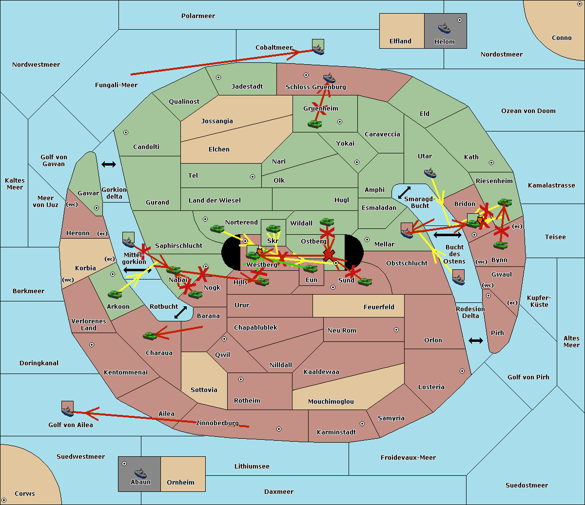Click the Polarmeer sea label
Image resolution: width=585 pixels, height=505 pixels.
(x=198, y=16)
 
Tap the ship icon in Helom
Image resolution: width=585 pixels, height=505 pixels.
(x=444, y=28)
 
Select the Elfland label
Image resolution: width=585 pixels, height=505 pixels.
(x=400, y=41)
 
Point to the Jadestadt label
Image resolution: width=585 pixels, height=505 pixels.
(x=247, y=87)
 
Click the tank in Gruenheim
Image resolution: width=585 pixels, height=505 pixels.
(x=314, y=124)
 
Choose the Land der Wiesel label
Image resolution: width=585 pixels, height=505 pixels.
(x=214, y=200)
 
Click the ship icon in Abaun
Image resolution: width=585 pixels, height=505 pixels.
(x=140, y=473)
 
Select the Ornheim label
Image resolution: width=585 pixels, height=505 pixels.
(x=180, y=483)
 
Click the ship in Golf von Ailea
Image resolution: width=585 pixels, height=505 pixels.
(x=67, y=411)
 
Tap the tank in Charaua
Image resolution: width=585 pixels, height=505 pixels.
(x=150, y=336)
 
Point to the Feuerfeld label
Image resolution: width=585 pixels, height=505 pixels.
(x=379, y=307)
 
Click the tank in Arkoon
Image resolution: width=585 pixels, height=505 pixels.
(x=115, y=294)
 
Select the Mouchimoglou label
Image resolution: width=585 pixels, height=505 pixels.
(x=331, y=402)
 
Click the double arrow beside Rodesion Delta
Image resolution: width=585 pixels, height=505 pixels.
(x=476, y=340)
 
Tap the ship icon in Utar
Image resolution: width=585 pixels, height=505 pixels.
(x=430, y=172)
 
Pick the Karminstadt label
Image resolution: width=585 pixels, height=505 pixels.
(x=336, y=432)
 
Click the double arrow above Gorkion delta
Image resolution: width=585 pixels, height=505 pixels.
(x=109, y=165)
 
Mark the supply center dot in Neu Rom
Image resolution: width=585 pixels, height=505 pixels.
(x=396, y=330)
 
